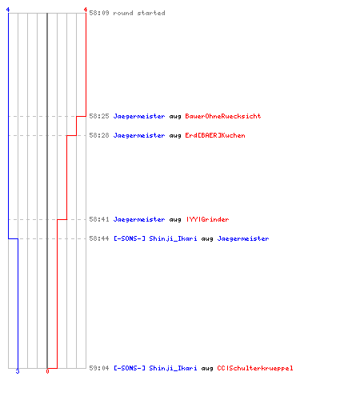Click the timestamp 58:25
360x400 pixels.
(x=99, y=116)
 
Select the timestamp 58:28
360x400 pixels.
(x=99, y=135)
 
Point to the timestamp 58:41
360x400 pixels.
(x=99, y=219)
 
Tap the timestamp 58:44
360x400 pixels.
(x=99, y=238)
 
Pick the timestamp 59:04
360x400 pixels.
(x=99, y=368)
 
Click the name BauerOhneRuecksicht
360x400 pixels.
(x=223, y=116)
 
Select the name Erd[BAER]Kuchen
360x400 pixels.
(x=215, y=135)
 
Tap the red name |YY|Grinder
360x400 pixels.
(x=207, y=219)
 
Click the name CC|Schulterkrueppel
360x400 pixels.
(x=255, y=368)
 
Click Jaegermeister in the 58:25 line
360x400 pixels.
(x=139, y=117)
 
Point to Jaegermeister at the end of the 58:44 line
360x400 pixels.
(x=243, y=239)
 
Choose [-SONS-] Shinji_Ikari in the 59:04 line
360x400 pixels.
(x=155, y=368)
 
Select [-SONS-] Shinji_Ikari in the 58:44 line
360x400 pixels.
(x=155, y=238)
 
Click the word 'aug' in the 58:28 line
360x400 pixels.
(x=175, y=136)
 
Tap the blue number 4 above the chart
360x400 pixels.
(x=8, y=10)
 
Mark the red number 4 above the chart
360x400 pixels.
(x=86, y=10)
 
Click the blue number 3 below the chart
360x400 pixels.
(x=18, y=371)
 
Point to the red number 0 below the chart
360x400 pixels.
(x=47, y=371)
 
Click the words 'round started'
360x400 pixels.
(x=139, y=13)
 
